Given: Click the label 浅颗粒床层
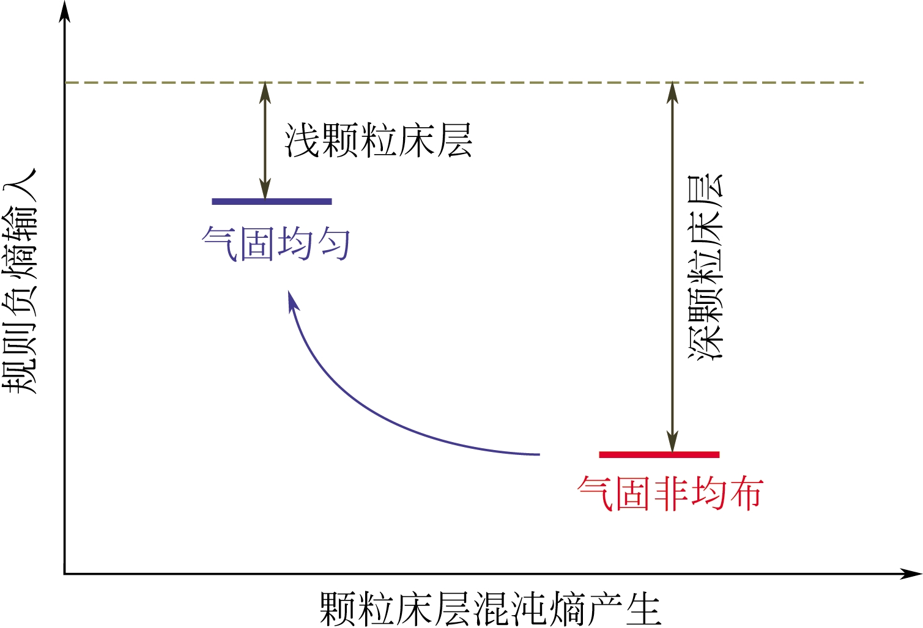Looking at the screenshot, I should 378,141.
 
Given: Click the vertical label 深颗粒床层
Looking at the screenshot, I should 706,267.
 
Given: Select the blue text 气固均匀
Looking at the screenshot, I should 276,243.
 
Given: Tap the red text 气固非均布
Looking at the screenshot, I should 670,493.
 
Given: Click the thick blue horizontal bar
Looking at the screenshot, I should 272,201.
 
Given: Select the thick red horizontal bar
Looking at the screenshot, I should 659,454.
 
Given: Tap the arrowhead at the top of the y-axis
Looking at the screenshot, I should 64,11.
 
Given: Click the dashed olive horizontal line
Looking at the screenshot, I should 465,82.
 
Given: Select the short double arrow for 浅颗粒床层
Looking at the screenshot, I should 265,141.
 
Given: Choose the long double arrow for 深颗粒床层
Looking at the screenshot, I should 672,267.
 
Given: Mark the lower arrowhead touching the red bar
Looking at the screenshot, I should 672,441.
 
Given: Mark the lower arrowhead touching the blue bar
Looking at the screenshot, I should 265,189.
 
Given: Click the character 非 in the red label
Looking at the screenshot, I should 670,493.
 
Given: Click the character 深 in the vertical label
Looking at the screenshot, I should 706,341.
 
